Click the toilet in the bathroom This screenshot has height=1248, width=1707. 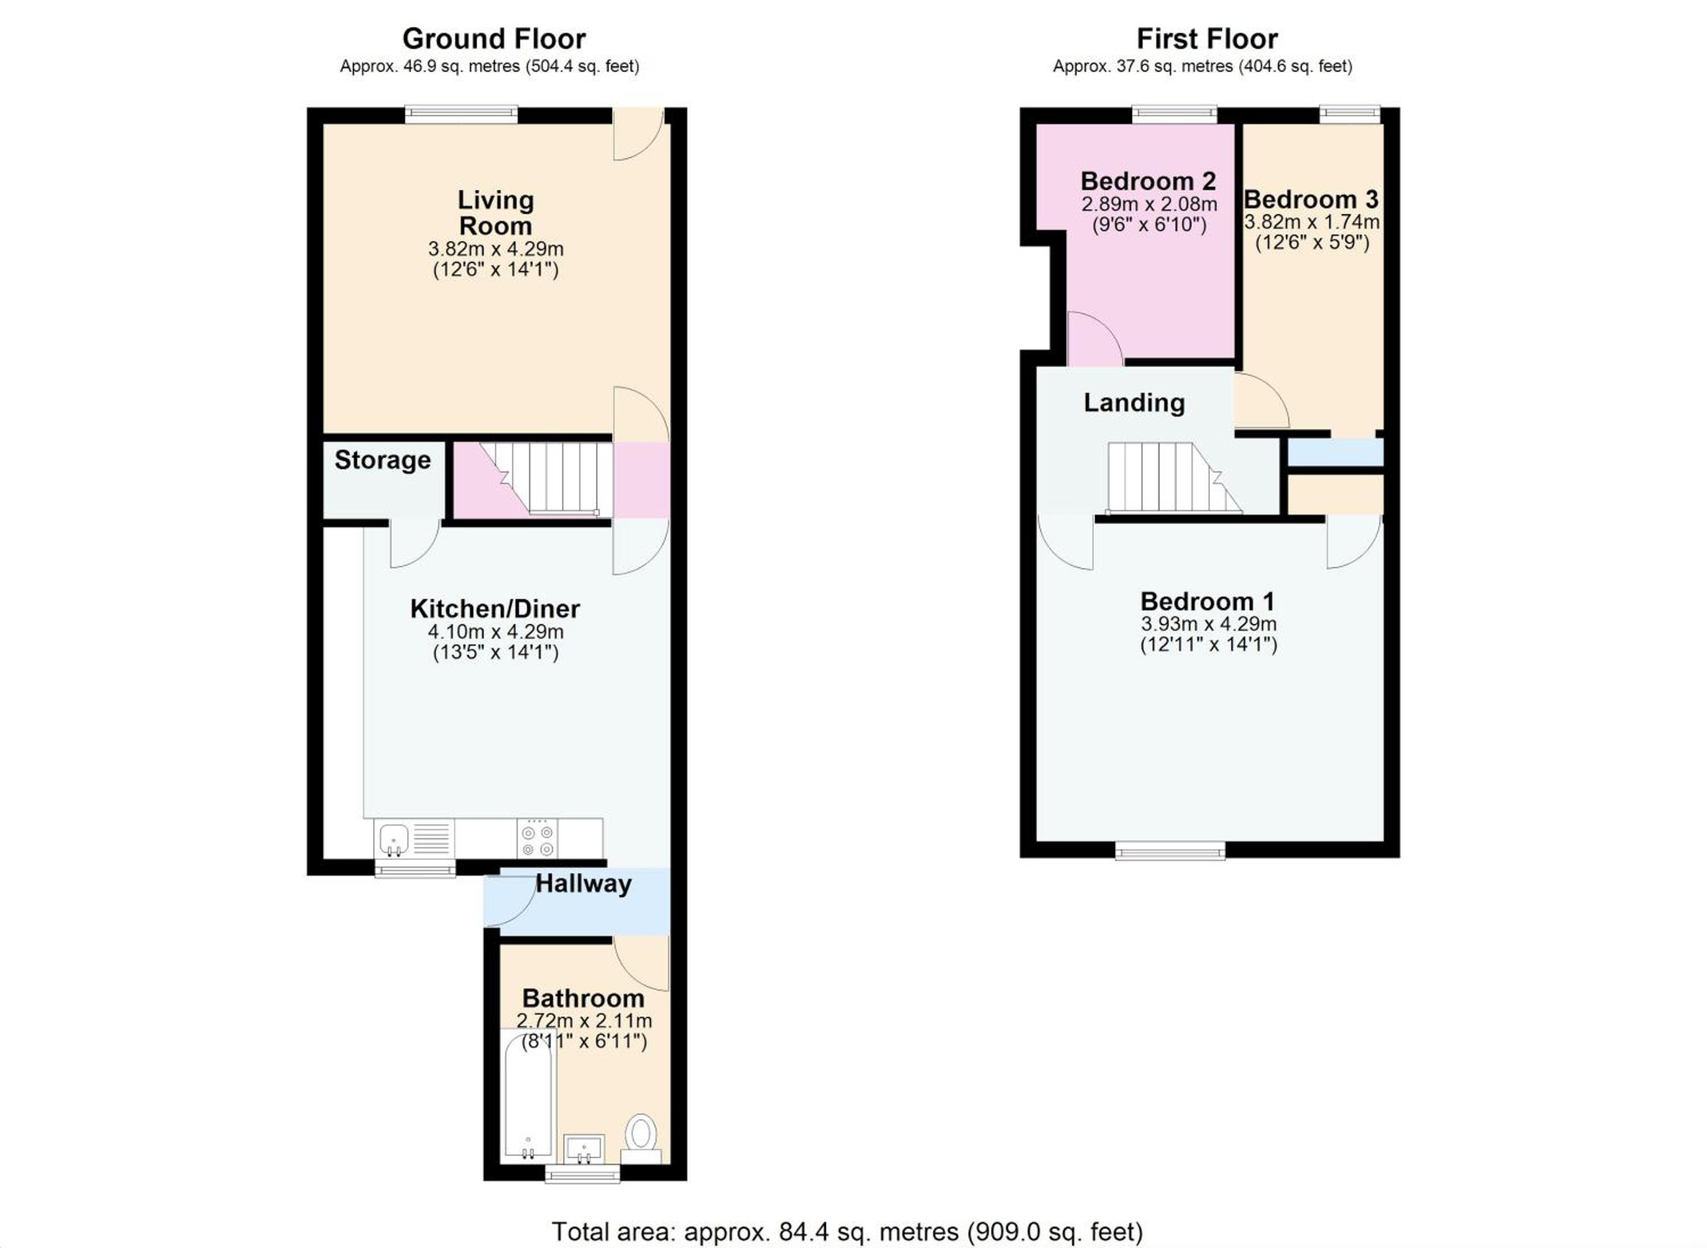click(x=641, y=1139)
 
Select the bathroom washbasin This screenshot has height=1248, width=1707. click(x=584, y=1148)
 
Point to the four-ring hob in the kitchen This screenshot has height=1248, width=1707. click(x=538, y=839)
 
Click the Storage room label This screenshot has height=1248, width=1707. click(x=383, y=460)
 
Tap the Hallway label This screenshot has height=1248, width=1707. click(x=584, y=884)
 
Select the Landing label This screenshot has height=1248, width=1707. click(x=1134, y=403)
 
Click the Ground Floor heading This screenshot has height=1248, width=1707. click(x=494, y=39)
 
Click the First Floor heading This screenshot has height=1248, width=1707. click(x=1207, y=39)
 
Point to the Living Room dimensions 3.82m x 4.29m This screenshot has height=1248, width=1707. click(x=495, y=249)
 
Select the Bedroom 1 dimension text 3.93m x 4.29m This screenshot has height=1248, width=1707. click(x=1208, y=624)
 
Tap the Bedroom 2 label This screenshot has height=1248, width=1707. click(x=1148, y=181)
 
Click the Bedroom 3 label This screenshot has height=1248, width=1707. click(x=1312, y=199)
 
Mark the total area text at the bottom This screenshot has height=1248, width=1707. click(x=847, y=1232)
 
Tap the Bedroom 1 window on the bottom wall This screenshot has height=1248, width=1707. click(x=1170, y=851)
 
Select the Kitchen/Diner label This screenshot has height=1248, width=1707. click(x=495, y=609)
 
